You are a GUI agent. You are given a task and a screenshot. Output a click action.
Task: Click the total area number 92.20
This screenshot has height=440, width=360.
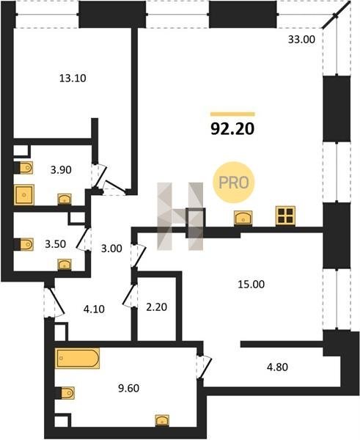coord(232,129)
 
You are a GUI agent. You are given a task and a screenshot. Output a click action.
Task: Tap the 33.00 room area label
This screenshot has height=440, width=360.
coord(301,40)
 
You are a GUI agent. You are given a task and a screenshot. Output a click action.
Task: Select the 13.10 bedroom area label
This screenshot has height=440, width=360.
coord(73,78)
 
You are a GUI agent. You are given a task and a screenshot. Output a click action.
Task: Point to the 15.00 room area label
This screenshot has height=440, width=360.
coord(251,285)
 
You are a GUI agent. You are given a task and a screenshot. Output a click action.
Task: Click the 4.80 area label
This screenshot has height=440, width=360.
coord(277,367)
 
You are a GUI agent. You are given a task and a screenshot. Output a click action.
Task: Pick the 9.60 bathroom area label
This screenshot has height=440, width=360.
coord(129,389)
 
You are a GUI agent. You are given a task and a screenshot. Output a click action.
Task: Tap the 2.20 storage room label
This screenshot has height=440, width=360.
coord(157,307)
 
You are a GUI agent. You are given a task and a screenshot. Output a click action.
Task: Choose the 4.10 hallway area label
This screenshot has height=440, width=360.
coord(94,309)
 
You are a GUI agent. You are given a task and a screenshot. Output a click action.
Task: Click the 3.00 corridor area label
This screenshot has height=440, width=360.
coord(111,249)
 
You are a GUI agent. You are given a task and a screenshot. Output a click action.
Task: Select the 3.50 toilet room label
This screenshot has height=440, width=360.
coord(56,244)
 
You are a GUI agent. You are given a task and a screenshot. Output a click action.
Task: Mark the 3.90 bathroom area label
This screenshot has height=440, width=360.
coord(61,170)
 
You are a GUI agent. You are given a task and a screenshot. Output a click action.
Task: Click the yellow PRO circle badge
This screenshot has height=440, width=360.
coord(233,183)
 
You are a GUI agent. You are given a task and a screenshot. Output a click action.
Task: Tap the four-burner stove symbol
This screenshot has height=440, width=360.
coord(285,216)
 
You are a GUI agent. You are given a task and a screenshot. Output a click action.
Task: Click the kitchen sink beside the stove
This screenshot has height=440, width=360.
coord(243,218)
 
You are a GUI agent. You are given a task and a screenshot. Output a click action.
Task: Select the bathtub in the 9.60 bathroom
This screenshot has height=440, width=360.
coord(78,358)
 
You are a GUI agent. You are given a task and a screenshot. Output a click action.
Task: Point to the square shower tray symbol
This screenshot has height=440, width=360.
coord(24,195)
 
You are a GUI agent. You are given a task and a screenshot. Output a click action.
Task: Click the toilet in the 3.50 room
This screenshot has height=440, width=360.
coord(24,244)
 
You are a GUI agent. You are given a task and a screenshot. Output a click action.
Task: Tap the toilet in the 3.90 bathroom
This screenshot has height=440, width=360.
coord(23,168)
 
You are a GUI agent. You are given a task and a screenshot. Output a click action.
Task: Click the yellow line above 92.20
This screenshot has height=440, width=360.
coord(232,114)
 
